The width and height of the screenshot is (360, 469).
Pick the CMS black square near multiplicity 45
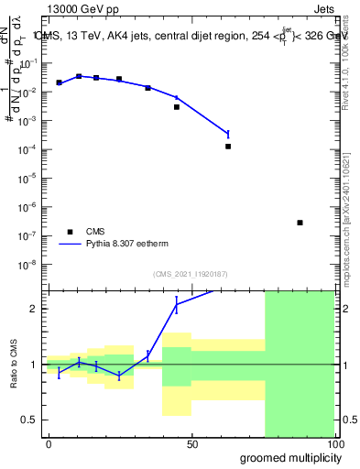177,107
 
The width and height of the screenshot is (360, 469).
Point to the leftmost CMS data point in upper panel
59,82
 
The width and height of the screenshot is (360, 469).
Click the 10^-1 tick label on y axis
31,63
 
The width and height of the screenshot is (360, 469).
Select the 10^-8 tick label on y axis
31,264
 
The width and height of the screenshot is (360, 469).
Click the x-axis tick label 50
191,444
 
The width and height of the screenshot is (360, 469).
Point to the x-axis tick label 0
49,444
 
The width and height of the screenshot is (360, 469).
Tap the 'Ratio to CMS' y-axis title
12,364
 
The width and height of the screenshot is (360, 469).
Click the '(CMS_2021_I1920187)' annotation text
190,274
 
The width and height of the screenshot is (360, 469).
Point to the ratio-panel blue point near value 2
176,304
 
